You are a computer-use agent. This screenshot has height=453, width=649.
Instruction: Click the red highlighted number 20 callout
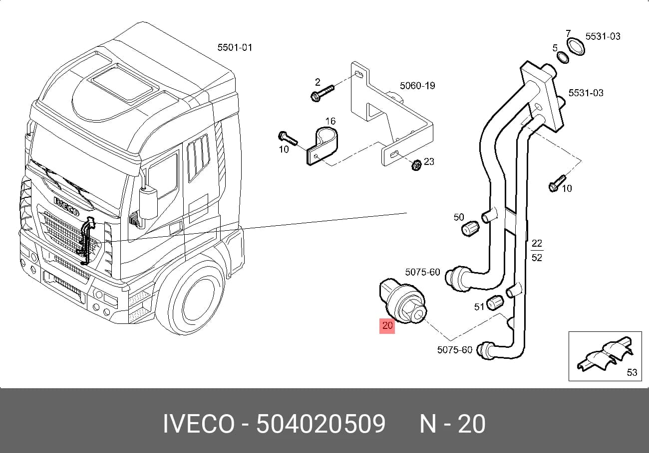pyautogui.click(x=387, y=325)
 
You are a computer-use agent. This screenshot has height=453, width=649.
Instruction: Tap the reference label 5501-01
pyautogui.click(x=235, y=47)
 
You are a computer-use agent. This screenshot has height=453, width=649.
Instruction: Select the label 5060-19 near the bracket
pyautogui.click(x=417, y=86)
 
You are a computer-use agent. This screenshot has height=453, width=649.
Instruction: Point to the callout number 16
pyautogui.click(x=330, y=121)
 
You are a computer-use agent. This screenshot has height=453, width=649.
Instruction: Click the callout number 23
pyautogui.click(x=429, y=161)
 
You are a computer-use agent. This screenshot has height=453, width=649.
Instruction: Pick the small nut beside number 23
pyautogui.click(x=416, y=165)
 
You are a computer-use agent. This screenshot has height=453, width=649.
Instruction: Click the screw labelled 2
pyautogui.click(x=322, y=93)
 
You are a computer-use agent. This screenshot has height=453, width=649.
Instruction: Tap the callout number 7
pyautogui.click(x=568, y=33)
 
